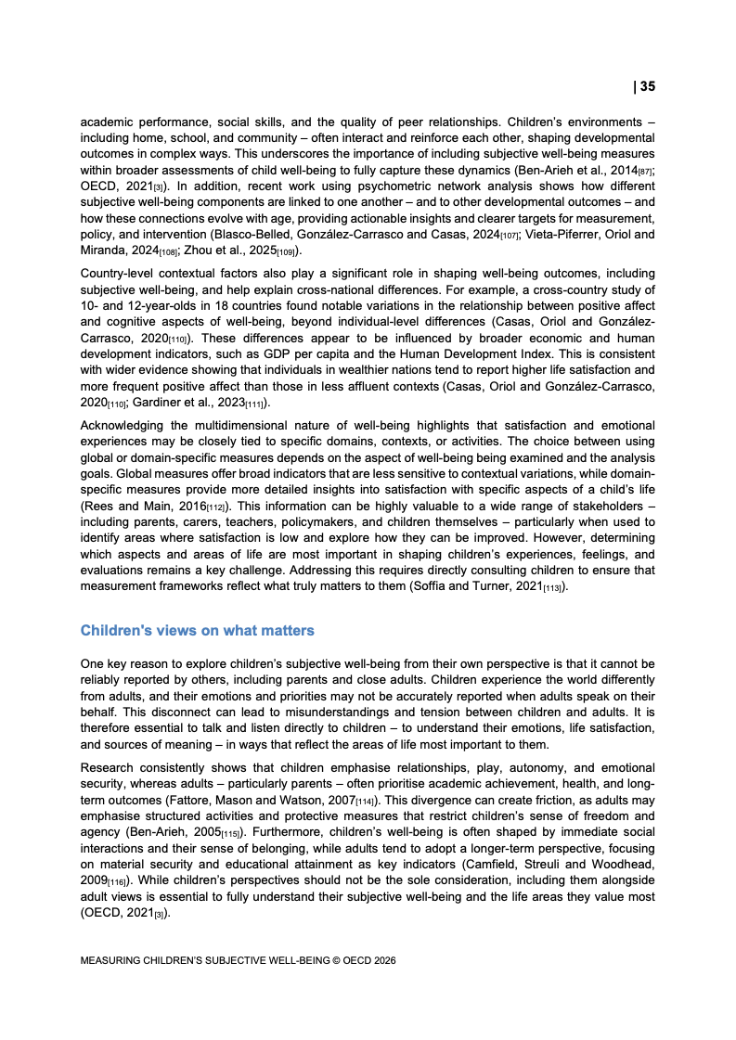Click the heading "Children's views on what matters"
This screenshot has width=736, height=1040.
[198, 631]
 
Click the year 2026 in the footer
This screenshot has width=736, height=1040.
[382, 961]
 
